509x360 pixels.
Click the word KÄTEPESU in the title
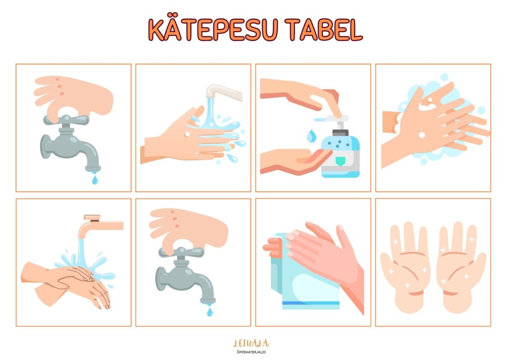click(x=213, y=30)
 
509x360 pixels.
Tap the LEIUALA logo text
click(x=251, y=343)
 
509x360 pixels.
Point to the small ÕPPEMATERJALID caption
click(x=251, y=352)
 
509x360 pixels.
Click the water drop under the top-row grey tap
click(x=95, y=180)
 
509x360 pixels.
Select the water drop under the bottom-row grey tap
click(x=210, y=312)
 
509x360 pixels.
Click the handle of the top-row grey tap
click(x=66, y=120)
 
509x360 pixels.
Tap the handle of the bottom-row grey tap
click(x=182, y=252)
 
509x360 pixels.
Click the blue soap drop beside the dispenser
click(x=311, y=136)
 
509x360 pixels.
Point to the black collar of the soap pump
click(x=340, y=133)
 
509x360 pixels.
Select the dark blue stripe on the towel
click(x=311, y=303)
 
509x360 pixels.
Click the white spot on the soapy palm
click(x=422, y=135)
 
